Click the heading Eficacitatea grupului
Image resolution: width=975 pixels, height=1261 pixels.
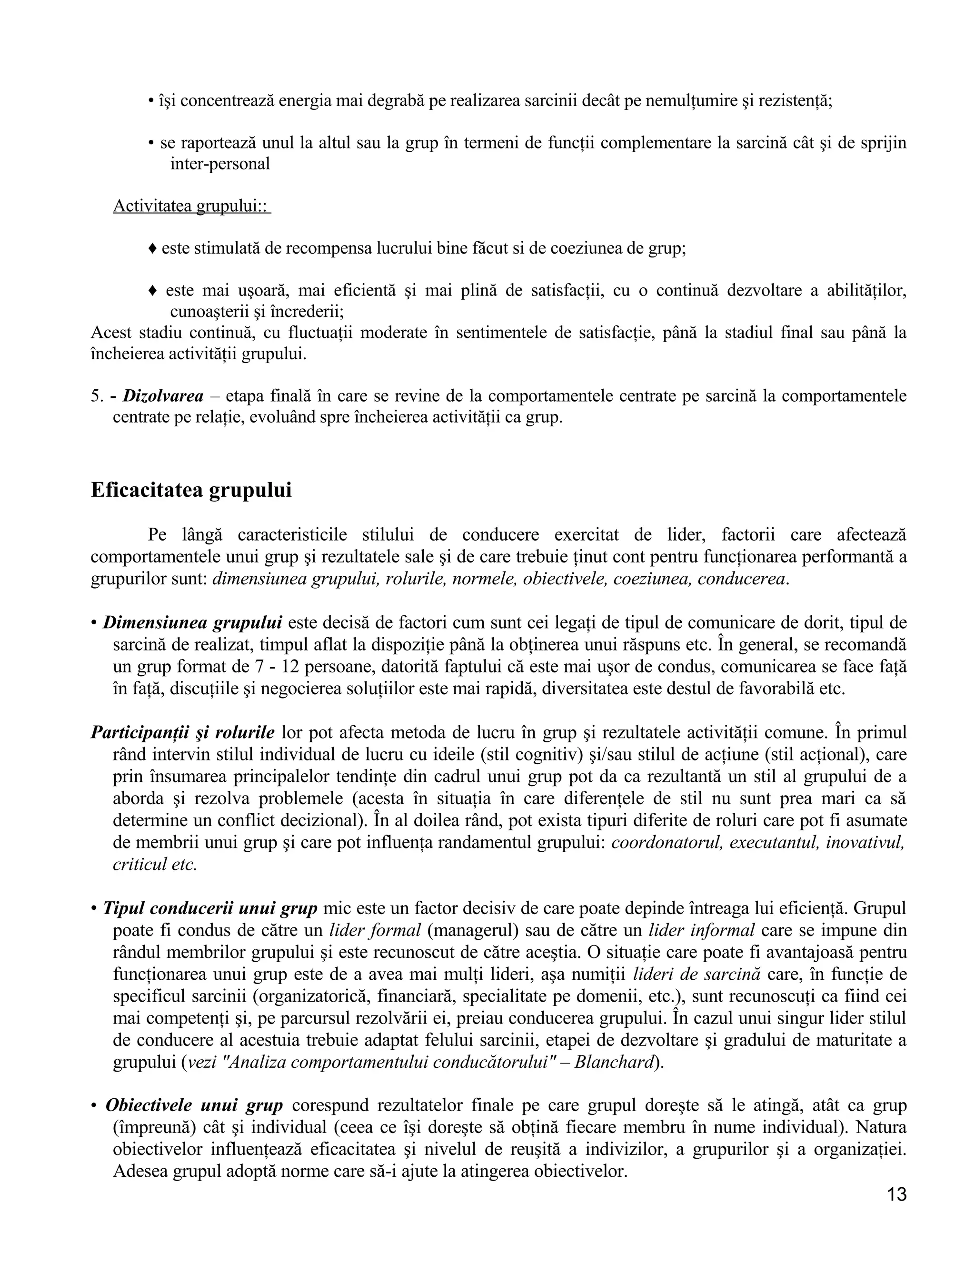click(191, 490)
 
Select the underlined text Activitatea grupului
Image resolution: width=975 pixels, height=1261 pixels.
click(191, 206)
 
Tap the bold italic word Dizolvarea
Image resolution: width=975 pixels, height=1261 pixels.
click(163, 396)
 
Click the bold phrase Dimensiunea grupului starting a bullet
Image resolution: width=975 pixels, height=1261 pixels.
click(192, 622)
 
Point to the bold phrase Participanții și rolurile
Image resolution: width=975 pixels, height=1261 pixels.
click(182, 733)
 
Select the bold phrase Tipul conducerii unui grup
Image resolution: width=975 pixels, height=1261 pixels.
click(210, 908)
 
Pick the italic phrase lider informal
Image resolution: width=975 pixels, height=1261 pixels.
click(702, 931)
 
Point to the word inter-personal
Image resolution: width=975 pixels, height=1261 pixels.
click(220, 164)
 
